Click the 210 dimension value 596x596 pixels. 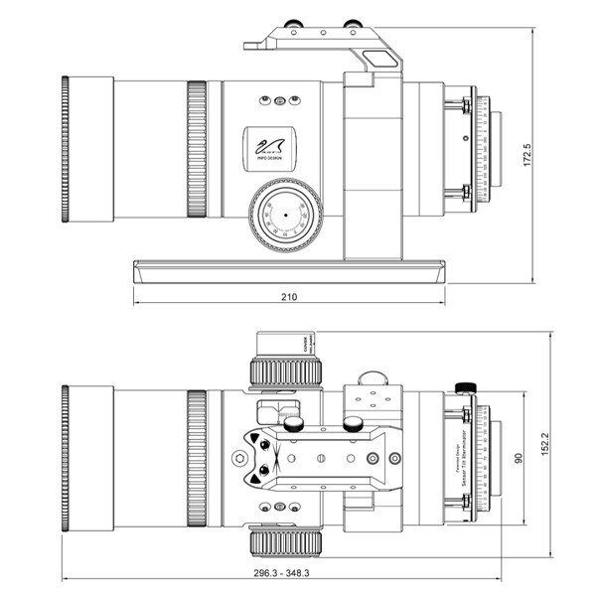coord(289,297)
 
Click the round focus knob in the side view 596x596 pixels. coord(284,215)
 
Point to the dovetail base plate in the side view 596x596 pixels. coord(288,270)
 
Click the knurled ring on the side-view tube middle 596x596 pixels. coord(196,150)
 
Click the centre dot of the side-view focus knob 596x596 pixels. coord(285,215)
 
